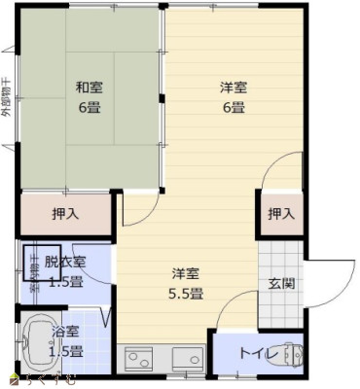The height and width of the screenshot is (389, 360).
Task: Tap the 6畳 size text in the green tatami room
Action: point(90,106)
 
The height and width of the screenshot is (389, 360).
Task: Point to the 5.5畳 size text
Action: point(188,291)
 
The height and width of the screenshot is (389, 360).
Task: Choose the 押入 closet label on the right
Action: point(279,214)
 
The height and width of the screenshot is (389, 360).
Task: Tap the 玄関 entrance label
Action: point(281,284)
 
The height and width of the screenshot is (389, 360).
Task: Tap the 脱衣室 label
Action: point(65,264)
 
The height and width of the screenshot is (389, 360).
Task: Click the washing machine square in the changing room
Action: point(42,261)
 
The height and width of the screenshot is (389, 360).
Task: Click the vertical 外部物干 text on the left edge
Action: point(7,97)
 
